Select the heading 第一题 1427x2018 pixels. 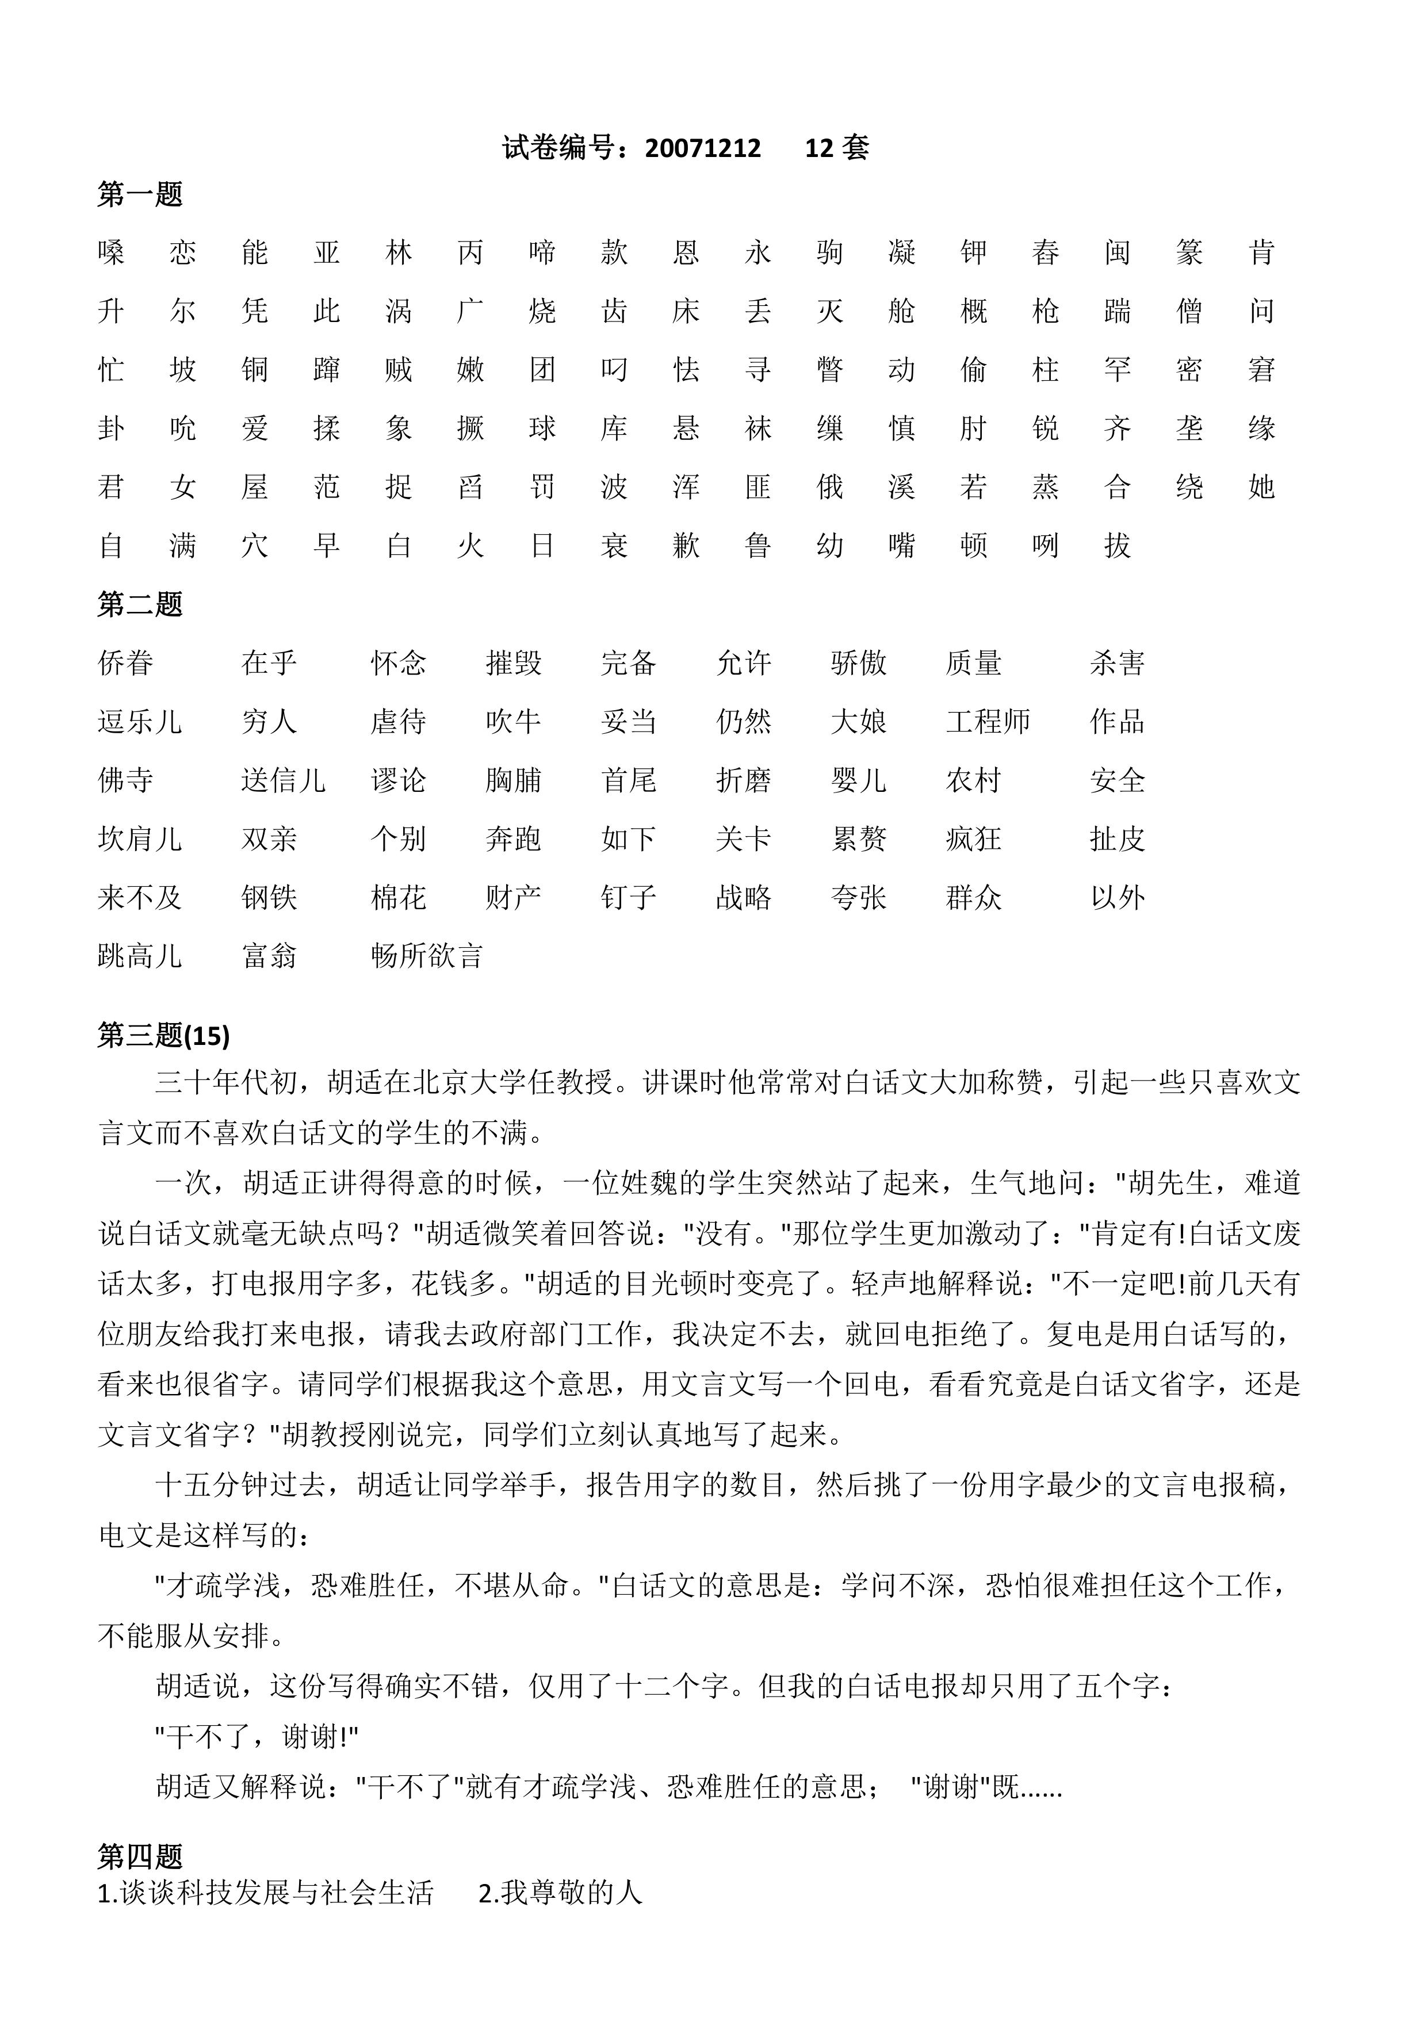coord(140,194)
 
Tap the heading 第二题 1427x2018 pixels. coord(140,604)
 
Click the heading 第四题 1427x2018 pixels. coord(140,1856)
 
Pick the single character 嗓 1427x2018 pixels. coord(111,252)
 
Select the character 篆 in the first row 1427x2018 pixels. coord(1189,252)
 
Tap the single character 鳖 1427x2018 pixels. coord(829,369)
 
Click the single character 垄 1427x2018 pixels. coord(1189,428)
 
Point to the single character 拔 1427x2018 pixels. coord(1116,545)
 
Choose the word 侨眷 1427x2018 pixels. coord(126,663)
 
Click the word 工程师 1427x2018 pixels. coord(988,722)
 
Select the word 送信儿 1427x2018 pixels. coord(283,780)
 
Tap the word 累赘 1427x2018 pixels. coord(858,838)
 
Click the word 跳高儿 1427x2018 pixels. coord(140,955)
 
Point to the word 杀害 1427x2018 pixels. coord(1116,663)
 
